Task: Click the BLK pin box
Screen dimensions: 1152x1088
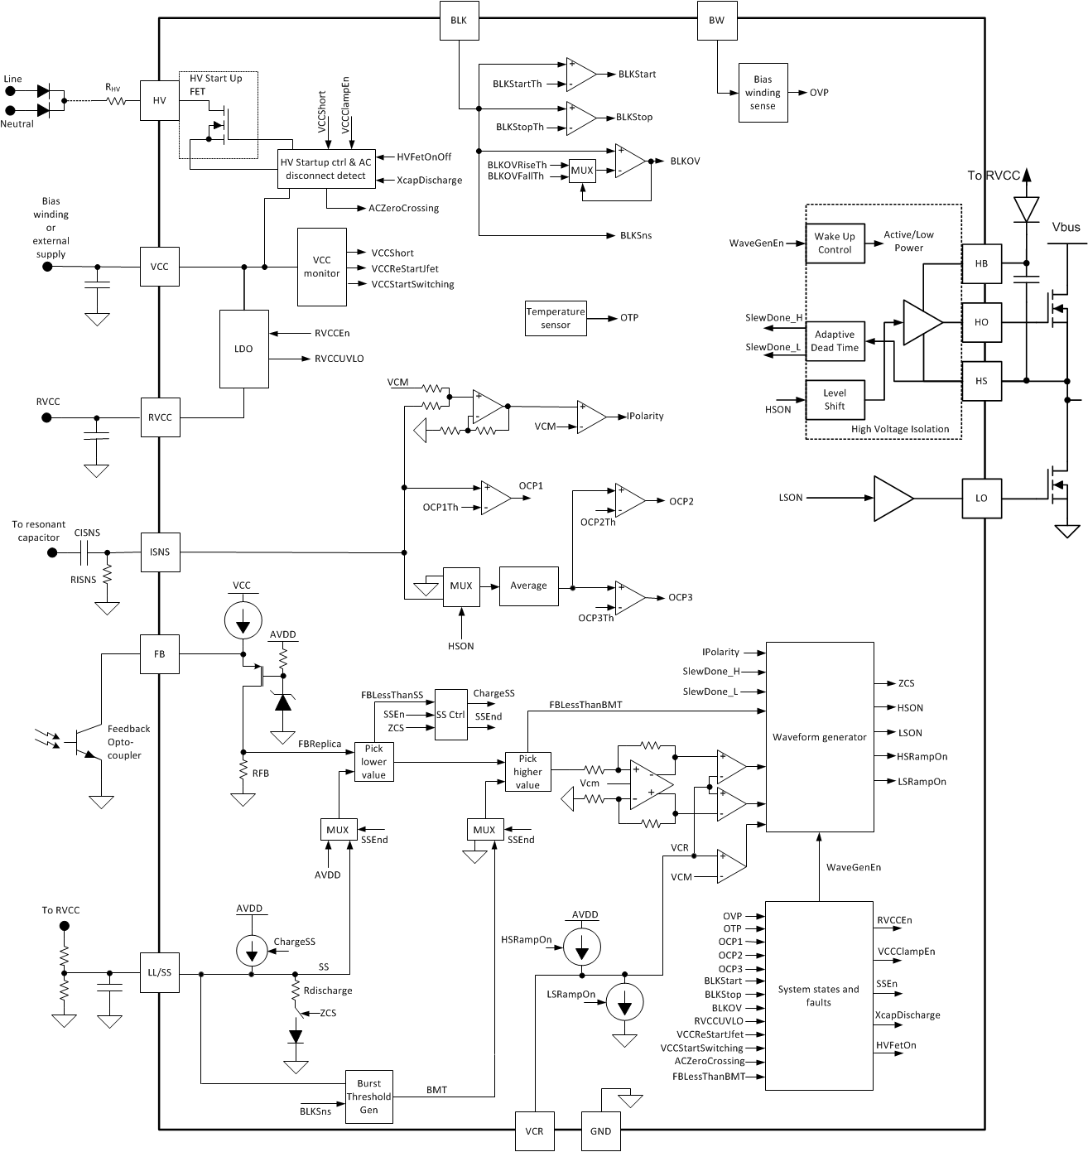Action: click(x=458, y=20)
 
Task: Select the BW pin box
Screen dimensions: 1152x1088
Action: click(x=716, y=20)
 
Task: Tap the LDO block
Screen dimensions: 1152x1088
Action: click(x=243, y=349)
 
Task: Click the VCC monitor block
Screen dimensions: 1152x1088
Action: click(x=321, y=268)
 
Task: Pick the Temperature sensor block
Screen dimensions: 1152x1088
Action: click(x=556, y=318)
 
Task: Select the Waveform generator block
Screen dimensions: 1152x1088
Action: click(x=819, y=736)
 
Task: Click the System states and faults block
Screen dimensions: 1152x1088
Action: click(x=818, y=995)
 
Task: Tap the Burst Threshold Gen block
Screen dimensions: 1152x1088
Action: click(x=368, y=1096)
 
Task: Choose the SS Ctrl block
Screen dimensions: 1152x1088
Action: click(x=450, y=714)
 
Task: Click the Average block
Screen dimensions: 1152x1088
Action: click(x=528, y=586)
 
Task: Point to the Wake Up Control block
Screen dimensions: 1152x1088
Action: click(x=834, y=243)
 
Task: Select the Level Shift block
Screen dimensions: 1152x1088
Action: click(x=834, y=400)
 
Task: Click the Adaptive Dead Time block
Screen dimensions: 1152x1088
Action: click(x=834, y=341)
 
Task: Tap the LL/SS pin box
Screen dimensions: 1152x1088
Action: click(x=159, y=973)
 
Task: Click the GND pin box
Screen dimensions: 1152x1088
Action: click(x=600, y=1131)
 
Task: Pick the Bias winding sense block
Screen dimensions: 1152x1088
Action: click(x=762, y=93)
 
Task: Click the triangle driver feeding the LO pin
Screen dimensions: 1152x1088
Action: click(x=893, y=498)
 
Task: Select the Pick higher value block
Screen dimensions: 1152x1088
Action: click(x=528, y=772)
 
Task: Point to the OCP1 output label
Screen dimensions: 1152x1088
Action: click(x=531, y=485)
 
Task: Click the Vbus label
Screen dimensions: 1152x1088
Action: click(x=1066, y=226)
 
